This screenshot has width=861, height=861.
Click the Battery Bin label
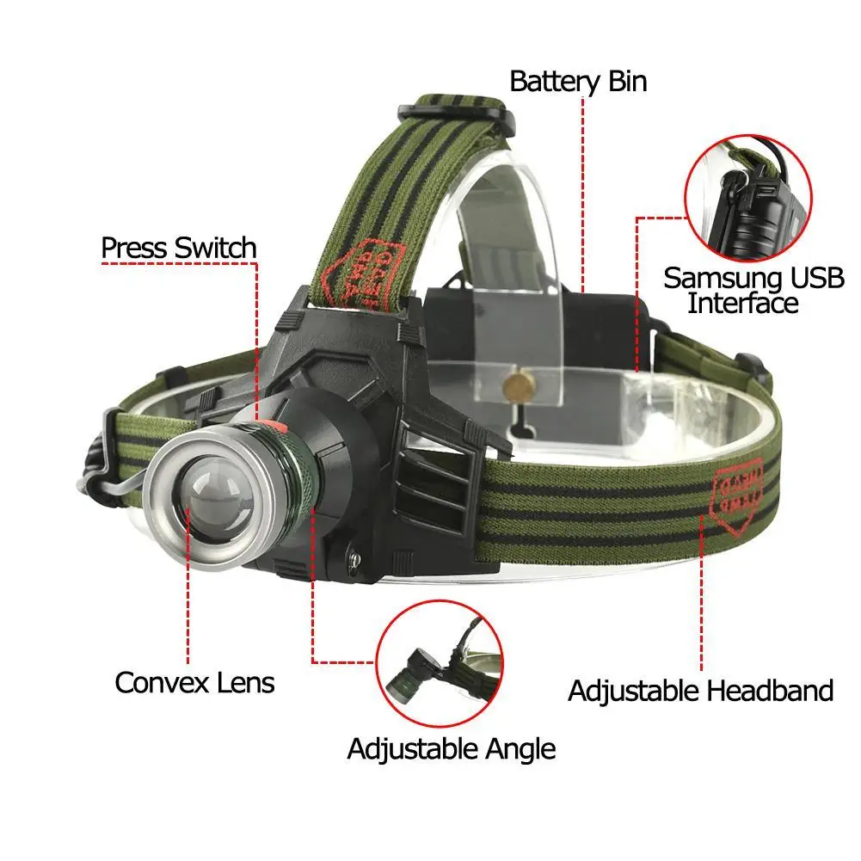click(x=578, y=82)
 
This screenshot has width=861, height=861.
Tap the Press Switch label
click(x=179, y=248)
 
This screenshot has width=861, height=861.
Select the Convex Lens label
click(x=194, y=683)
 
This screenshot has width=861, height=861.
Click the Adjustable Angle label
click(x=451, y=748)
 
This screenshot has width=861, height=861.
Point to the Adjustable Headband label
click(x=700, y=691)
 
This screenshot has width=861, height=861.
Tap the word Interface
click(x=742, y=304)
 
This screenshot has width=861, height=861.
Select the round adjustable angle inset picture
click(x=440, y=663)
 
